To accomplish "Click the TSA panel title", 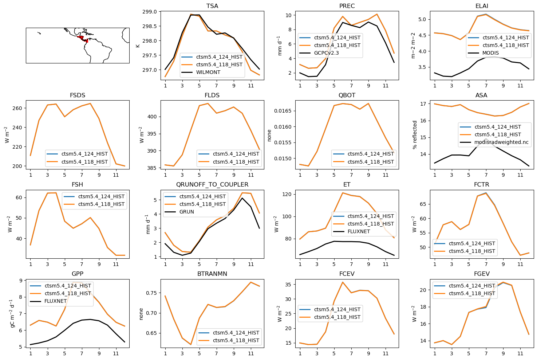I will pyautogui.click(x=212, y=6).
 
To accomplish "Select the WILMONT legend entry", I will pyautogui.click(x=208, y=72).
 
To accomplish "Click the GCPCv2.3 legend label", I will pyautogui.click(x=329, y=53).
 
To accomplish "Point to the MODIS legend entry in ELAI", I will pyautogui.click(x=490, y=53).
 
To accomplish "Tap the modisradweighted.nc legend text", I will pyautogui.click(x=501, y=142).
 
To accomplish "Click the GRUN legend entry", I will pyautogui.click(x=186, y=212).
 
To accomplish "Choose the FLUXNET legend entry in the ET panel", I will pyautogui.click(x=359, y=231).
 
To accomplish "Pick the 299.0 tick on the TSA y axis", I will pyautogui.click(x=150, y=12).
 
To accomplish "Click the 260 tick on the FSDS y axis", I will pyautogui.click(x=17, y=108).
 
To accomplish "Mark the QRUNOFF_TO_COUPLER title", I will pyautogui.click(x=212, y=185).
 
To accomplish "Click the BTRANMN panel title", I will pyautogui.click(x=212, y=274).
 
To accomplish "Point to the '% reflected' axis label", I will pyautogui.click(x=415, y=135).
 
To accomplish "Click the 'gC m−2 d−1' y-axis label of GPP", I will pyautogui.click(x=12, y=313).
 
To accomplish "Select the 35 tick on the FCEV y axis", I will pyautogui.click(x=288, y=285).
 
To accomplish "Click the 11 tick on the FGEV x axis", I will pyautogui.click(x=520, y=353).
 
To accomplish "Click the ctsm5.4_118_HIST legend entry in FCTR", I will pyautogui.click(x=472, y=251).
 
